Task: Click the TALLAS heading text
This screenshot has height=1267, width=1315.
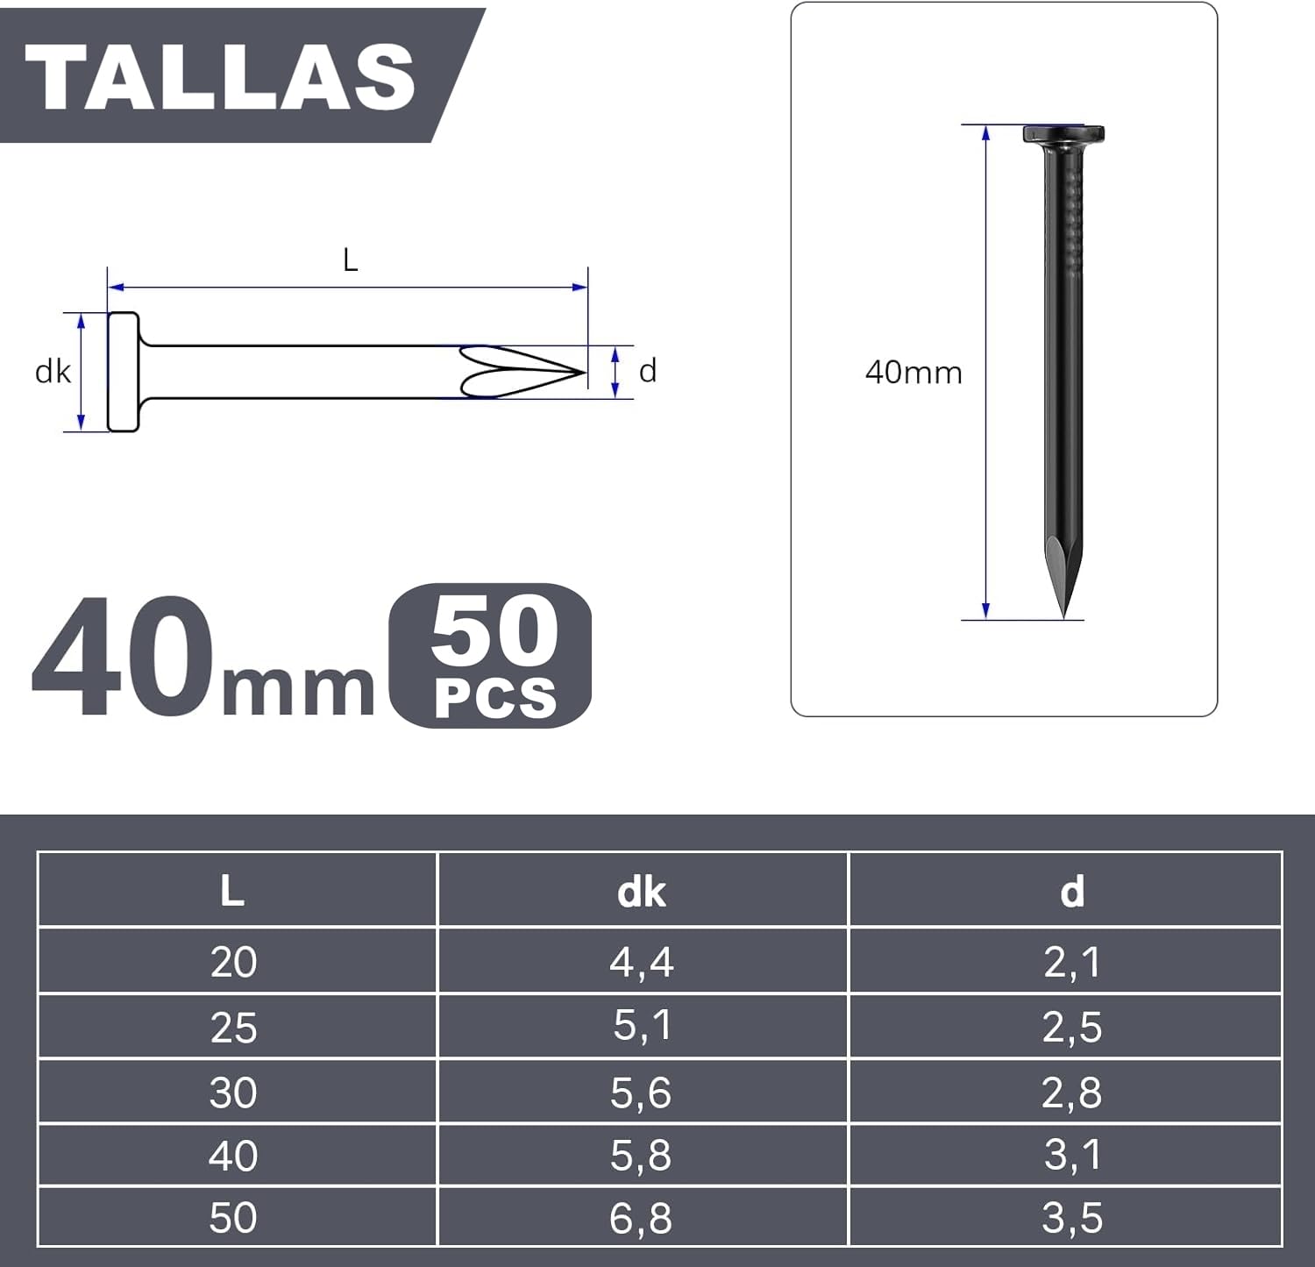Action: (x=220, y=76)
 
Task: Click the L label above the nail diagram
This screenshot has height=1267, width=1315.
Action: (x=351, y=260)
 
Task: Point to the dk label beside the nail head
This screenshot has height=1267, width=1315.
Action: (x=53, y=372)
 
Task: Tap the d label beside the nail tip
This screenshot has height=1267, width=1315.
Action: (x=648, y=371)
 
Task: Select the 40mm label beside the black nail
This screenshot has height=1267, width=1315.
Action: (x=913, y=373)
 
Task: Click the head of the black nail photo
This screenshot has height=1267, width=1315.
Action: (x=1063, y=135)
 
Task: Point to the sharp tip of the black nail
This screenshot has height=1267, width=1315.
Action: (x=1063, y=616)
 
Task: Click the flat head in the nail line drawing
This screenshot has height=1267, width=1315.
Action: (x=124, y=372)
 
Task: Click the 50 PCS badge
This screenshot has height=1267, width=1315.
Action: (x=490, y=655)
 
